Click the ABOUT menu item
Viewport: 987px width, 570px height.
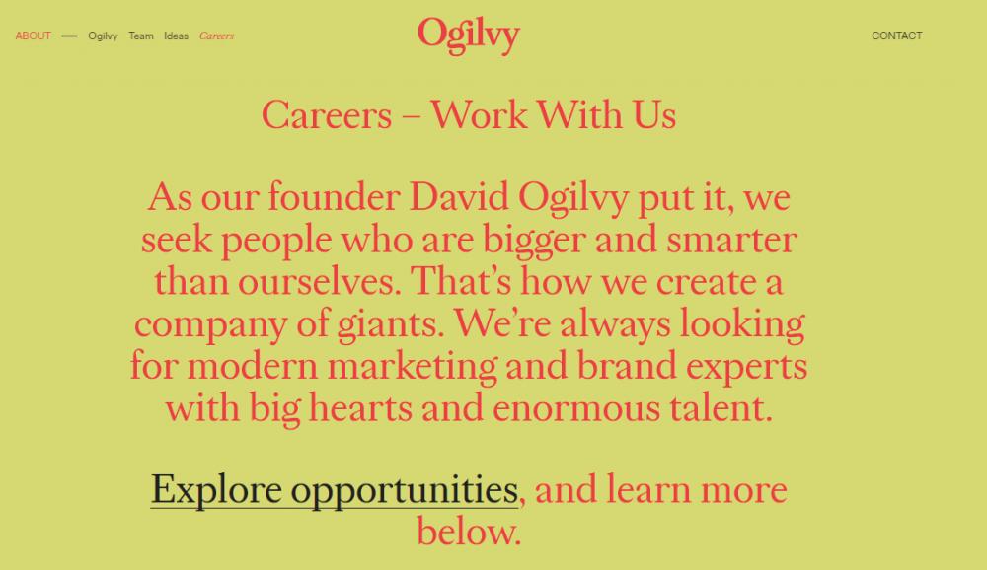pos(33,36)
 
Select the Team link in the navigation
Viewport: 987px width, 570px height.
pos(141,36)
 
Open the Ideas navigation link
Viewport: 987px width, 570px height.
pos(177,36)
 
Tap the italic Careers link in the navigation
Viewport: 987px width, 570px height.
pos(216,36)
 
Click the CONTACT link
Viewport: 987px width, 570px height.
pos(896,36)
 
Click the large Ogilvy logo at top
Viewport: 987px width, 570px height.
pos(469,36)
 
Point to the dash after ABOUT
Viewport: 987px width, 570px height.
pos(69,36)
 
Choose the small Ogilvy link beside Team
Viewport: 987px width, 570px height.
pos(103,36)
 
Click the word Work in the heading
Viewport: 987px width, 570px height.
pos(479,114)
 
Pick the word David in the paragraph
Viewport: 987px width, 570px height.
pos(459,197)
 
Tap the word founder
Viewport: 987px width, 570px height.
pos(335,197)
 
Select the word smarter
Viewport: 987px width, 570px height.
pos(731,240)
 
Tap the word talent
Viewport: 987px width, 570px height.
pos(721,407)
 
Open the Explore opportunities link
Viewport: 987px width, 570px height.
pos(335,491)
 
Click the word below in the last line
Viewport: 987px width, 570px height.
pos(469,531)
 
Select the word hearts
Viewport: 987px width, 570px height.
pos(360,407)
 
